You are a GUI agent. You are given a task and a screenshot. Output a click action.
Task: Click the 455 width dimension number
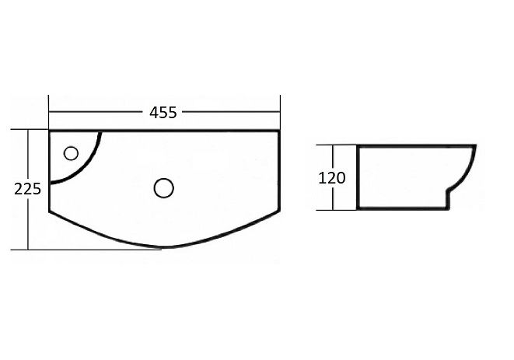click(x=163, y=112)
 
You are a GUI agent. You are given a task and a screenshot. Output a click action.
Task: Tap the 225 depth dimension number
click(x=27, y=189)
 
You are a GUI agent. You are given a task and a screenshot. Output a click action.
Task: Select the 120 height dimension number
click(x=332, y=177)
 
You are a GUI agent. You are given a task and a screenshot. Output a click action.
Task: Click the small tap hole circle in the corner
click(x=72, y=152)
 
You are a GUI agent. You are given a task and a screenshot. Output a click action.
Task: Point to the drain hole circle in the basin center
click(x=163, y=187)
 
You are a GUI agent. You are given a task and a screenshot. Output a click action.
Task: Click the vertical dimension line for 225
click(x=28, y=225)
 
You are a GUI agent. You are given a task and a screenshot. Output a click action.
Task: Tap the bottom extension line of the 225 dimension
click(x=93, y=250)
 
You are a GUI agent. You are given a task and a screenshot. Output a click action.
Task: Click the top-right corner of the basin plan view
click(x=278, y=131)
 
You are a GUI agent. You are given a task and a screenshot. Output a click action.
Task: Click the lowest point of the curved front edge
click(x=162, y=249)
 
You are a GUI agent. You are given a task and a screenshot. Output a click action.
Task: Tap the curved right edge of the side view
click(x=470, y=173)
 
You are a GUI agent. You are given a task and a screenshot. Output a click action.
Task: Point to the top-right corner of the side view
click(x=474, y=145)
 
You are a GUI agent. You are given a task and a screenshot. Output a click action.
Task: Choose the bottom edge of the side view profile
click(x=400, y=208)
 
